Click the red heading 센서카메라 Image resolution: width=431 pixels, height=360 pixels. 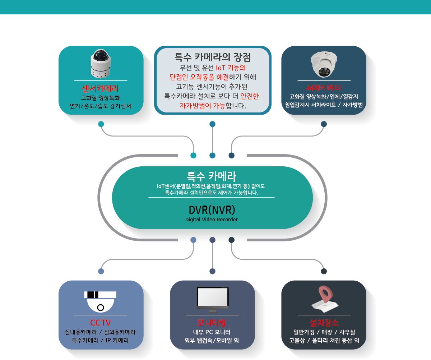point(100,89)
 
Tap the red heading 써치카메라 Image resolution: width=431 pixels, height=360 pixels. point(324,88)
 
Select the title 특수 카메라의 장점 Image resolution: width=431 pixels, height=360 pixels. point(213,57)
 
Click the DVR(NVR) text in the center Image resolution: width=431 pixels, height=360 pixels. point(212,210)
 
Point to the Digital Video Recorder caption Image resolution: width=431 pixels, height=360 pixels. point(212,220)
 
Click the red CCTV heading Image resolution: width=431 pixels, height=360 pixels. point(100,323)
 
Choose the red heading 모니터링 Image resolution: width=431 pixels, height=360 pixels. point(212,323)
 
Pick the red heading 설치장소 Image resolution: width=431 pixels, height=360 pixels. point(324,323)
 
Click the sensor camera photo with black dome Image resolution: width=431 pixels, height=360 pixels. point(101,64)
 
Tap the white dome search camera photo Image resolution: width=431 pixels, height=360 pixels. point(324,64)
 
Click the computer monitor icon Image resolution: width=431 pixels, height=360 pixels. point(213,300)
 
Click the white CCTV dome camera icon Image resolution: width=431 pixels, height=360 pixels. point(100,301)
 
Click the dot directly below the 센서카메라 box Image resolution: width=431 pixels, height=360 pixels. point(101,124)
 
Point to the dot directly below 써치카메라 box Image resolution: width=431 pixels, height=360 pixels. point(324,124)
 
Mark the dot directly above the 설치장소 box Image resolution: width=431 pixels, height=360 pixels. point(324,271)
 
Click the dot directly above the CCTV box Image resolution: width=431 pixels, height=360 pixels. point(101,271)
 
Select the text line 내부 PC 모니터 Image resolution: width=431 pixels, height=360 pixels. point(212,332)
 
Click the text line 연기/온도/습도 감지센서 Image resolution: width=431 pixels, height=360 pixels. point(100,106)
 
